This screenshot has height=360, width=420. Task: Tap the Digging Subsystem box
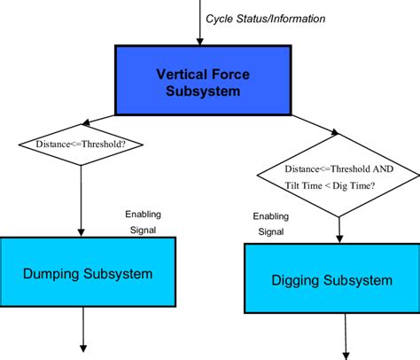(331, 280)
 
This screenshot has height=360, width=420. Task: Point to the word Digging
(297, 280)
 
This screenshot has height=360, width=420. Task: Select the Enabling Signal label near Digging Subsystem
(270, 224)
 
